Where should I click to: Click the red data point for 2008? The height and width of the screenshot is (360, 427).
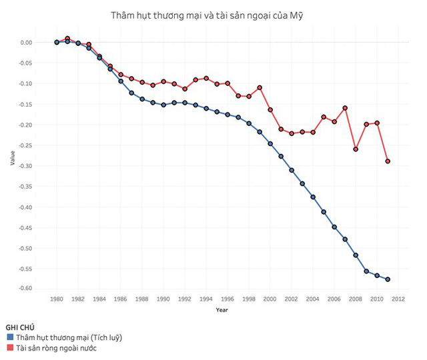(x=356, y=149)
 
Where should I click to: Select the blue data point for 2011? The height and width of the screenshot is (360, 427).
(x=388, y=279)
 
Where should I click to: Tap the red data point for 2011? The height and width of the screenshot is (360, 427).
(x=388, y=161)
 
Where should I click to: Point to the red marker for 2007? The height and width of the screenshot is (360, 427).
(x=345, y=108)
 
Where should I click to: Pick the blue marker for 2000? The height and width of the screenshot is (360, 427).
(x=270, y=143)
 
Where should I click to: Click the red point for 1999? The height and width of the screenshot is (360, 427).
(x=260, y=87)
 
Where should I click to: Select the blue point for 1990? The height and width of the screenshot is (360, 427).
(x=163, y=105)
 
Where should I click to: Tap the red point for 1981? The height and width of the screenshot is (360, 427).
(x=67, y=39)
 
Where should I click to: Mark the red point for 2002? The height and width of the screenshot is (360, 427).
(x=292, y=133)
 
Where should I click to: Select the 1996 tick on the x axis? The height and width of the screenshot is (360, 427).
(x=228, y=299)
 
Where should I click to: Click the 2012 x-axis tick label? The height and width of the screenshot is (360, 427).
(x=398, y=299)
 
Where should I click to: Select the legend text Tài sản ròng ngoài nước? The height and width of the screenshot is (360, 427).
(x=57, y=347)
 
